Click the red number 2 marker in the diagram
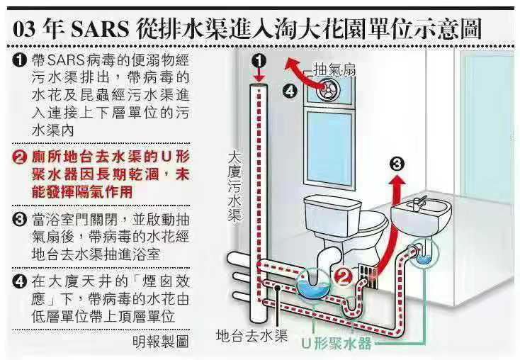point(344,279)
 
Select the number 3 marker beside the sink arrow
point(399,165)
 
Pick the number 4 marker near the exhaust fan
point(290,91)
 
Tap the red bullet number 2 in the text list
point(21,157)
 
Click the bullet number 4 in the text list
point(21,281)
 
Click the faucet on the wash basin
point(419,202)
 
